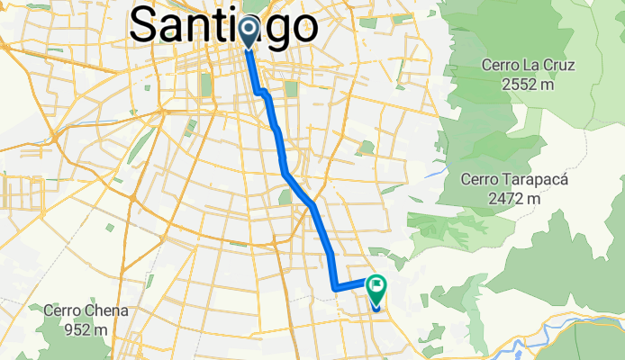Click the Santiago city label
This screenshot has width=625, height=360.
[223, 24]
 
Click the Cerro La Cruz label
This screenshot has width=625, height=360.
[529, 67]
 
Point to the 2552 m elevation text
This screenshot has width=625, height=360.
[529, 85]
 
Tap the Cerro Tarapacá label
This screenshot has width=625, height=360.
[514, 179]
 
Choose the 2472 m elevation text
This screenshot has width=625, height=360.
[514, 197]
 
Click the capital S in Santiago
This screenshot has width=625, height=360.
[147, 24]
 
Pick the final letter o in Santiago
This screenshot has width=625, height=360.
[301, 24]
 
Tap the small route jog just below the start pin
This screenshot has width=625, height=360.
[261, 92]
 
